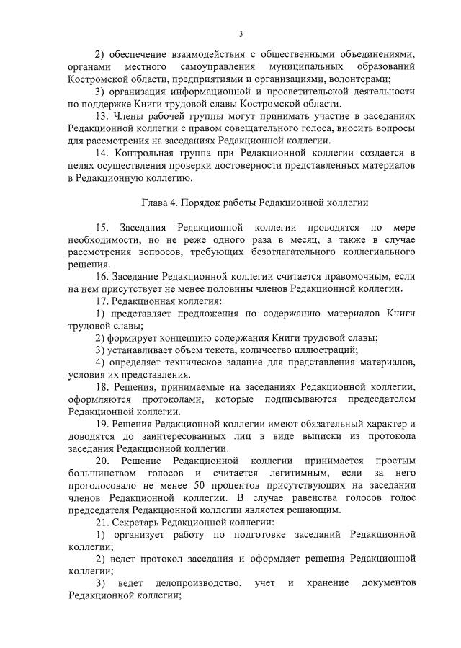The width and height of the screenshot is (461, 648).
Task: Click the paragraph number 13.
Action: tap(102, 115)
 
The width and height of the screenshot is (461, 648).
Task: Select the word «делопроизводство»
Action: tap(194, 582)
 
